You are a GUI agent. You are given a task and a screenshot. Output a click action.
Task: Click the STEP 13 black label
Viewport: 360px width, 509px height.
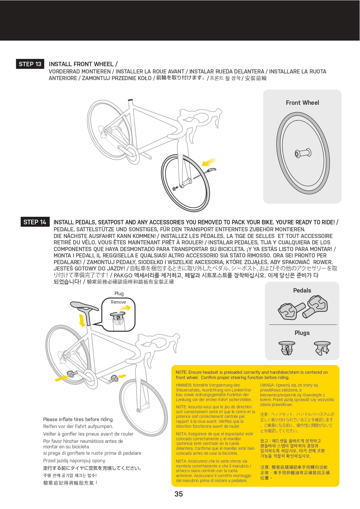pyautogui.click(x=30, y=64)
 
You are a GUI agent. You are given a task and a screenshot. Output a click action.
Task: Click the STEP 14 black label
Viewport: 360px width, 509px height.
pyautogui.click(x=35, y=222)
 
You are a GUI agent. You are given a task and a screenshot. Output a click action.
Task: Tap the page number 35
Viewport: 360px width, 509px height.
pyautogui.click(x=179, y=494)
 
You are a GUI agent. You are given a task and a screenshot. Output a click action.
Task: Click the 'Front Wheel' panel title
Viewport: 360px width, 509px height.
pyautogui.click(x=302, y=103)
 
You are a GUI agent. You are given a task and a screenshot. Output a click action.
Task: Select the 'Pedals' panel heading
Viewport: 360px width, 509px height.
pyautogui.click(x=302, y=290)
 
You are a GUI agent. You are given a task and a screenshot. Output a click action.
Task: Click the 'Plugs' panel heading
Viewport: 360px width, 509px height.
pyautogui.click(x=302, y=333)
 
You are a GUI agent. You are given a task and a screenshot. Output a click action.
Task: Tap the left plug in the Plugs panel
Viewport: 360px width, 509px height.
pyautogui.click(x=287, y=348)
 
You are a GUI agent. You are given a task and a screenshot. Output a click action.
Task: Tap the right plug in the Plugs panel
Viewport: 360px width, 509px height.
pyautogui.click(x=322, y=348)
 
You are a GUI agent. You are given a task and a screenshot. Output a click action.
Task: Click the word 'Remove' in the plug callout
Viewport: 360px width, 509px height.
pyautogui.click(x=118, y=302)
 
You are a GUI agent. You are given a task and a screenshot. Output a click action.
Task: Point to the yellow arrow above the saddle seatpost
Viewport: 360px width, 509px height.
pyautogui.click(x=82, y=320)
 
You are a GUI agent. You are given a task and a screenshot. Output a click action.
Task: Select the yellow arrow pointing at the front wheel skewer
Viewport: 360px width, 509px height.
pyautogui.click(x=210, y=162)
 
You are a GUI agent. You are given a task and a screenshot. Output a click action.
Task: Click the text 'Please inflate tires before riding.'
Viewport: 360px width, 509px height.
pyautogui.click(x=78, y=419)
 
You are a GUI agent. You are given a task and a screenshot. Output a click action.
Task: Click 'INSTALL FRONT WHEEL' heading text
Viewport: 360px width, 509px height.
pyautogui.click(x=81, y=64)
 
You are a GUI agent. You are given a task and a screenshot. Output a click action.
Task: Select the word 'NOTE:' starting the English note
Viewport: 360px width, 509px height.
pyautogui.click(x=181, y=372)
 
